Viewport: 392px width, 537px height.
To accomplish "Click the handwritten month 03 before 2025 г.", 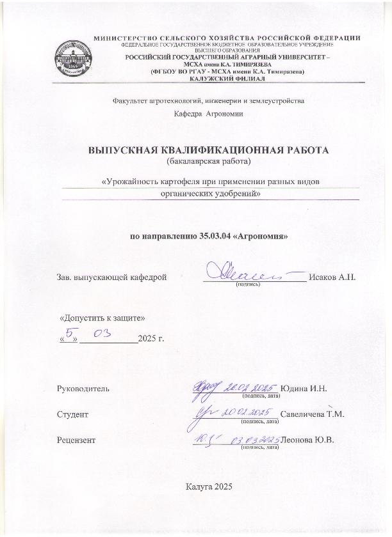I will pyautogui.click(x=102, y=333).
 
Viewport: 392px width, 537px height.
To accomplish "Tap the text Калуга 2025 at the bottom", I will pyautogui.click(x=208, y=487).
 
